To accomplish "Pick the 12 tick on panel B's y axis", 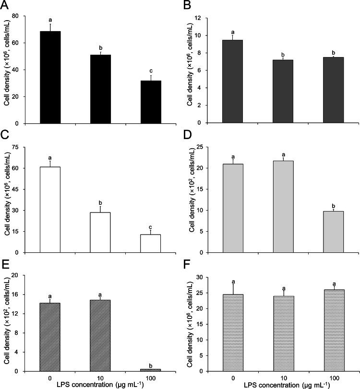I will (x=204, y=18).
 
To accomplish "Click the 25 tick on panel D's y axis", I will (x=204, y=147).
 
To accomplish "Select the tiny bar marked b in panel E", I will (x=150, y=369).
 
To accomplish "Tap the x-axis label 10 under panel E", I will (x=100, y=377).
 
